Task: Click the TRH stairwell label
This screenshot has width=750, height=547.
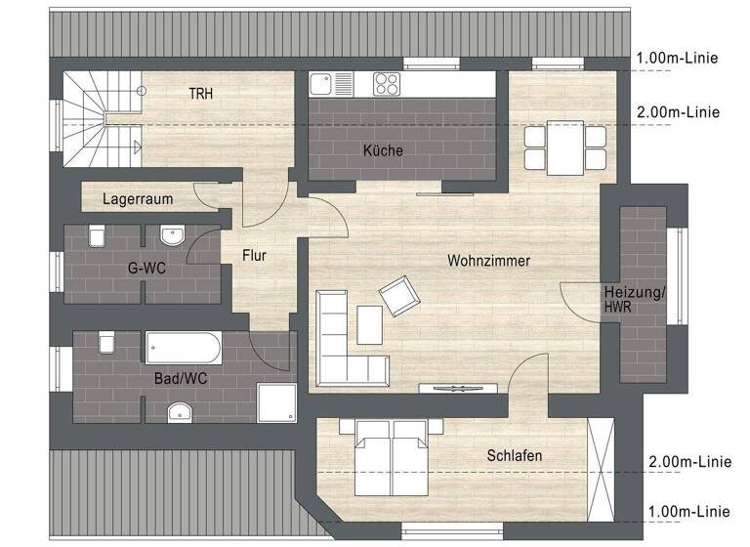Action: (x=201, y=94)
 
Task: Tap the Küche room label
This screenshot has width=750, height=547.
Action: (x=382, y=150)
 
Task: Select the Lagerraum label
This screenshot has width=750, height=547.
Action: (x=138, y=199)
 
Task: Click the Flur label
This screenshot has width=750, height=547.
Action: (x=254, y=256)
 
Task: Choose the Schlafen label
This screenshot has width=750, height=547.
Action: (x=514, y=455)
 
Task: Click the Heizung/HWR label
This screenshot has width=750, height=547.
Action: (x=634, y=300)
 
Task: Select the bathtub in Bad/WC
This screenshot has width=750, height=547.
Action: (x=184, y=348)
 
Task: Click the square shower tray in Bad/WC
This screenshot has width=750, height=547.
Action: (x=275, y=401)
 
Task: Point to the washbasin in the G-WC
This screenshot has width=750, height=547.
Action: (x=172, y=235)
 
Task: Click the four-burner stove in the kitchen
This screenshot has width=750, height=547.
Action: (x=387, y=84)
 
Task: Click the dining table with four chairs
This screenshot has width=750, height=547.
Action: (x=564, y=147)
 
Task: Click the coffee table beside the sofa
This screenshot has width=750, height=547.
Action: (x=370, y=325)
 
